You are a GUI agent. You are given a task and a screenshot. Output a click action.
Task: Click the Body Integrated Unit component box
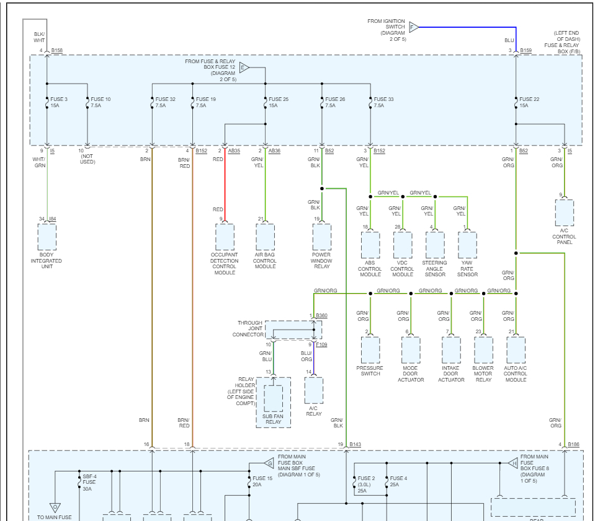point(47,237)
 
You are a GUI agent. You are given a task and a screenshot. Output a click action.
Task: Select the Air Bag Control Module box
point(265,237)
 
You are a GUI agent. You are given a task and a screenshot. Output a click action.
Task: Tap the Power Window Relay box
point(322,237)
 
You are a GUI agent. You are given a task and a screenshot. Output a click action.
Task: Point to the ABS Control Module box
point(370,245)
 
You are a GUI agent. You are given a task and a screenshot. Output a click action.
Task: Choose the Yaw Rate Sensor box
point(467,245)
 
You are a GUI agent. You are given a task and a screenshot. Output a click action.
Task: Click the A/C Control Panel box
point(565,213)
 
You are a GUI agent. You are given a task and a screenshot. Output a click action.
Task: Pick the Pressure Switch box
point(370,350)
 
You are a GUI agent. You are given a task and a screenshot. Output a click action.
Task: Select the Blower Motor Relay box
point(483,350)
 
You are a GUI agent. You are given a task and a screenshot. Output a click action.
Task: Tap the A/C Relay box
point(314,390)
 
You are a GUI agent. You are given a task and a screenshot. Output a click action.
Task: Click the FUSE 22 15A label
point(529,102)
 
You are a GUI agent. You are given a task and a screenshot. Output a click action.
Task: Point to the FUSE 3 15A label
point(59,102)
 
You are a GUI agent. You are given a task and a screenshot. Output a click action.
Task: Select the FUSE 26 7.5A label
point(335,102)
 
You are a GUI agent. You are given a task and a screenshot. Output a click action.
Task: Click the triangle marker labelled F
point(414,27)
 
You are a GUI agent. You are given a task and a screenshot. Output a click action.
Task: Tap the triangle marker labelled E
point(244,68)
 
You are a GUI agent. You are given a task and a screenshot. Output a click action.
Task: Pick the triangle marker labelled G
point(269,463)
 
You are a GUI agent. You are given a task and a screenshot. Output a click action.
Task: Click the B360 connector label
point(321,316)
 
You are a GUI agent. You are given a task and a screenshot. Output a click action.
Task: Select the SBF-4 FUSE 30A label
point(90,483)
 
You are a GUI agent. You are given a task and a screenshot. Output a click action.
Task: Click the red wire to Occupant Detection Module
point(225,186)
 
